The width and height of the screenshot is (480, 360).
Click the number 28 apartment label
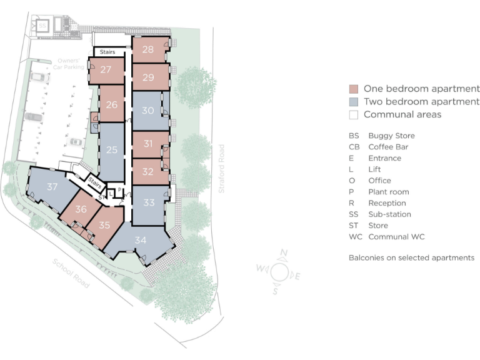[148, 49]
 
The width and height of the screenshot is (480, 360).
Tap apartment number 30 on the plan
[148, 111]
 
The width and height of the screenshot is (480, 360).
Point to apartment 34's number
[141, 239]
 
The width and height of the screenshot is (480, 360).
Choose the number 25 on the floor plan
[112, 150]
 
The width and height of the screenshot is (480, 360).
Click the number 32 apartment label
[148, 171]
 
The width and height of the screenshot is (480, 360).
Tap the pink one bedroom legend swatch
[353, 89]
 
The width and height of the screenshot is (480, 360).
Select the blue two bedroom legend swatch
[353, 101]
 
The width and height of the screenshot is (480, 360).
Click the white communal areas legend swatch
[353, 114]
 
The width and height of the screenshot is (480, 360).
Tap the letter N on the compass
[284, 253]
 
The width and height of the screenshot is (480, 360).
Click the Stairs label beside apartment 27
[107, 52]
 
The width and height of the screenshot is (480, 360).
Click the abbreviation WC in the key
[355, 237]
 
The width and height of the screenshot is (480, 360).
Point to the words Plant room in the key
[388, 192]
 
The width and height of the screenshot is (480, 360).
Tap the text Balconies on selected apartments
[411, 257]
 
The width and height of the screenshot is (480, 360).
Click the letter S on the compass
[275, 291]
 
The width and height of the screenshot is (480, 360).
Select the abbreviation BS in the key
[354, 136]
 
